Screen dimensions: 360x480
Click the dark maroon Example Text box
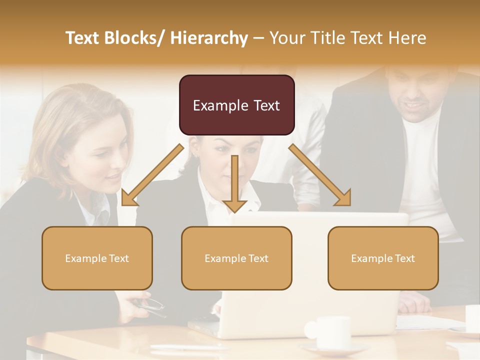click(236, 105)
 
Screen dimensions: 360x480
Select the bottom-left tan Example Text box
click(97, 258)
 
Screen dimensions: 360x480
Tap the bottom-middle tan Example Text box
click(236, 258)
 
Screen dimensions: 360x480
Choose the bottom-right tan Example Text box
click(383, 258)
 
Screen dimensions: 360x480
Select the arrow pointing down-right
click(320, 175)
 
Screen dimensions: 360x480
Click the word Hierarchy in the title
click(208, 38)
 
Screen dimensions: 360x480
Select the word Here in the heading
click(407, 38)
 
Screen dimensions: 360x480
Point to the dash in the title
click(258, 38)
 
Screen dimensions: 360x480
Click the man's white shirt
click(425, 165)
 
